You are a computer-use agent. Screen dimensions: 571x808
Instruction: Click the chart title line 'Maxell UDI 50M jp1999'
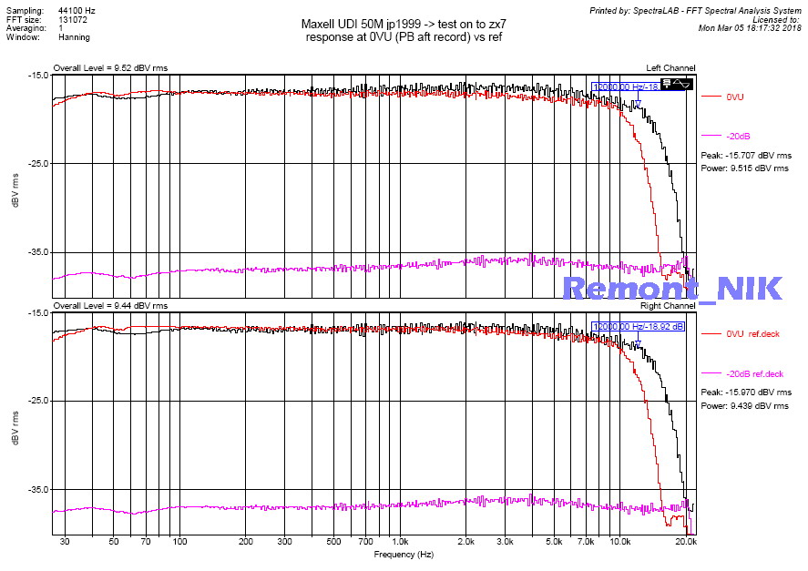(403, 25)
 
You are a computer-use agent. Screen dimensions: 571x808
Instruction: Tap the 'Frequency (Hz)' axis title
(403, 554)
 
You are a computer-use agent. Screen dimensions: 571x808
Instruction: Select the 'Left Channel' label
(670, 68)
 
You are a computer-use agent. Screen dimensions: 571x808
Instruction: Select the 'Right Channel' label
(669, 306)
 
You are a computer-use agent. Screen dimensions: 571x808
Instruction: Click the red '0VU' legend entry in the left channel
(735, 97)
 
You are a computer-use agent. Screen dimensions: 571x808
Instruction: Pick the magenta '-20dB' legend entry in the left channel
(738, 137)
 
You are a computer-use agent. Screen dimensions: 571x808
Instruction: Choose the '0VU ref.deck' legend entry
(752, 334)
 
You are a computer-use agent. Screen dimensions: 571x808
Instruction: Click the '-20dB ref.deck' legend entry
(754, 374)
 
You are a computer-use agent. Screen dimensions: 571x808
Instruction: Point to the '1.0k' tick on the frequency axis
(399, 542)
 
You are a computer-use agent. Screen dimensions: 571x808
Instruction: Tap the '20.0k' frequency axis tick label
(686, 542)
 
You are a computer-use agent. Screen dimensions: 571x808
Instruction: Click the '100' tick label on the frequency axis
(179, 542)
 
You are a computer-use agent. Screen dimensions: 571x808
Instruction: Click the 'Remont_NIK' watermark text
(672, 288)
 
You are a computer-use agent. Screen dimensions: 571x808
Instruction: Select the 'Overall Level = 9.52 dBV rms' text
(109, 68)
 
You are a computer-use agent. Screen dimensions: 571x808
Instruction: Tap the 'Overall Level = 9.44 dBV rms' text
(109, 306)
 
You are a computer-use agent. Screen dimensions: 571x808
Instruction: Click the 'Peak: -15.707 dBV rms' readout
(744, 156)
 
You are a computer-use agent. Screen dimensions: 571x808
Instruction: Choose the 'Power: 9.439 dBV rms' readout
(744, 405)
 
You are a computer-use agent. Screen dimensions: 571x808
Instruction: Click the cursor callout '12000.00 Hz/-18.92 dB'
(639, 326)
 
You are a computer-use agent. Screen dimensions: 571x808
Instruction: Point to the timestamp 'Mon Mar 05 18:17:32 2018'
(750, 28)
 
